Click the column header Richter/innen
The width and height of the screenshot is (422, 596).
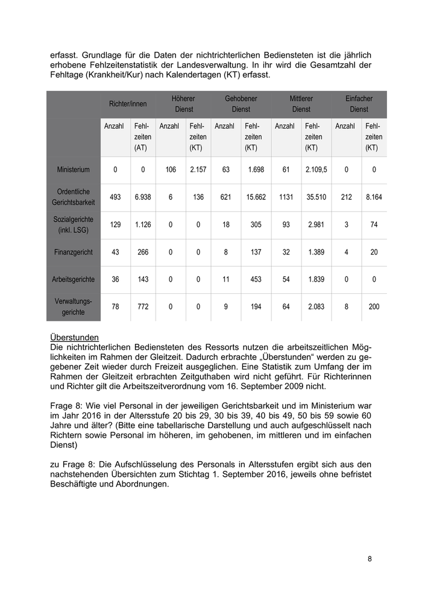[128, 104]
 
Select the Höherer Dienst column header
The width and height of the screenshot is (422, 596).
[183, 104]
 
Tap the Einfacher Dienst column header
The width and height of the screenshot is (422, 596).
[359, 104]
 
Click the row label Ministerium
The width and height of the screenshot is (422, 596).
[74, 170]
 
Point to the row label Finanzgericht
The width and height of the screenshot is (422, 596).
[74, 252]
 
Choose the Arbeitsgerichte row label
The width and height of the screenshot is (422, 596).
[74, 280]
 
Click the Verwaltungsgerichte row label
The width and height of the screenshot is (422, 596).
[74, 307]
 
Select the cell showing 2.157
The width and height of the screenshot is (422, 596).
[198, 170]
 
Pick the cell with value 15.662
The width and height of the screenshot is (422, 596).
[256, 197]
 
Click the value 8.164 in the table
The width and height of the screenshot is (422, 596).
[374, 197]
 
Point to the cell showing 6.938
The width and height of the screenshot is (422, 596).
[143, 197]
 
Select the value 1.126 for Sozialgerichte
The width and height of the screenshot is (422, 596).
[143, 225]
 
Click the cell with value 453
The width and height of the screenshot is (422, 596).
[256, 280]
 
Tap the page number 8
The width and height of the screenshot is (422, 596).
[370, 559]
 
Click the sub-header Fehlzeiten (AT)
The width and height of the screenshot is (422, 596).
[143, 137]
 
